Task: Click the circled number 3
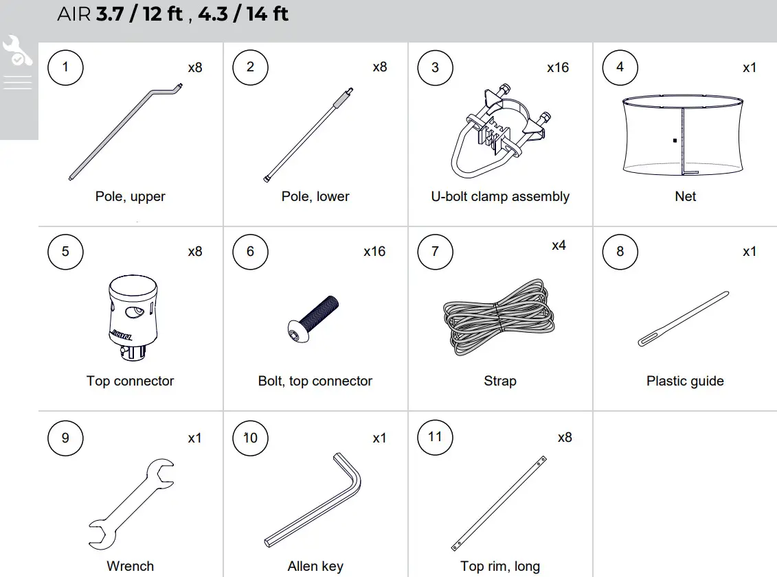[x=435, y=67]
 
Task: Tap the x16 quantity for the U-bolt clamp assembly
[x=557, y=67]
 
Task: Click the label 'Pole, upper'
[x=130, y=196]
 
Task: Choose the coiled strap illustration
[x=499, y=316]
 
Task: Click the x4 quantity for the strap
[x=558, y=245]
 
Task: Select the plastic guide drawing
[x=683, y=319]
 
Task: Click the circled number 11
[x=435, y=436]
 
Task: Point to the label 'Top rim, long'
[x=499, y=566]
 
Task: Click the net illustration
[x=684, y=134]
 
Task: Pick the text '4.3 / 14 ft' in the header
[x=243, y=14]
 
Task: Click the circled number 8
[x=620, y=251]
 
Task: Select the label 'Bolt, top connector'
[x=315, y=381]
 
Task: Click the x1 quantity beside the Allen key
[x=379, y=438]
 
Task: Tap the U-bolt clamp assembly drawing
[x=499, y=130]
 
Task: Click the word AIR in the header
[x=74, y=14]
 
